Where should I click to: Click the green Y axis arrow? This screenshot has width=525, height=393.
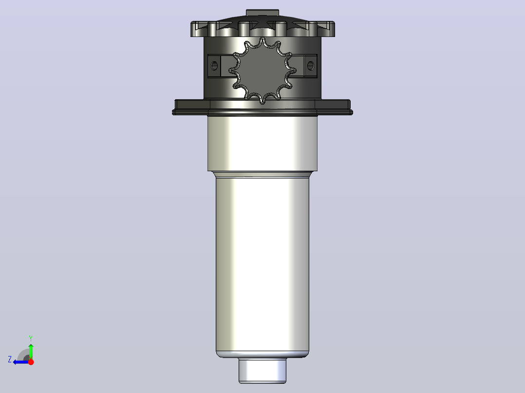[x=31, y=351]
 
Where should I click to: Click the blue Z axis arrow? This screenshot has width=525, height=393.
[x=21, y=362]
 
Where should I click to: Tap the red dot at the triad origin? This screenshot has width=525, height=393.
[x=31, y=362]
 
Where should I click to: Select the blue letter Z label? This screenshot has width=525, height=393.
[x=10, y=359]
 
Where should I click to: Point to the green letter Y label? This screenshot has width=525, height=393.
[x=31, y=338]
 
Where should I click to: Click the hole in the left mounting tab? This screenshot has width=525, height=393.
[x=214, y=66]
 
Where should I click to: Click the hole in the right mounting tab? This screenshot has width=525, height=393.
[x=310, y=66]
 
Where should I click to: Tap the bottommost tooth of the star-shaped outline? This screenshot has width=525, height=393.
[x=262, y=100]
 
